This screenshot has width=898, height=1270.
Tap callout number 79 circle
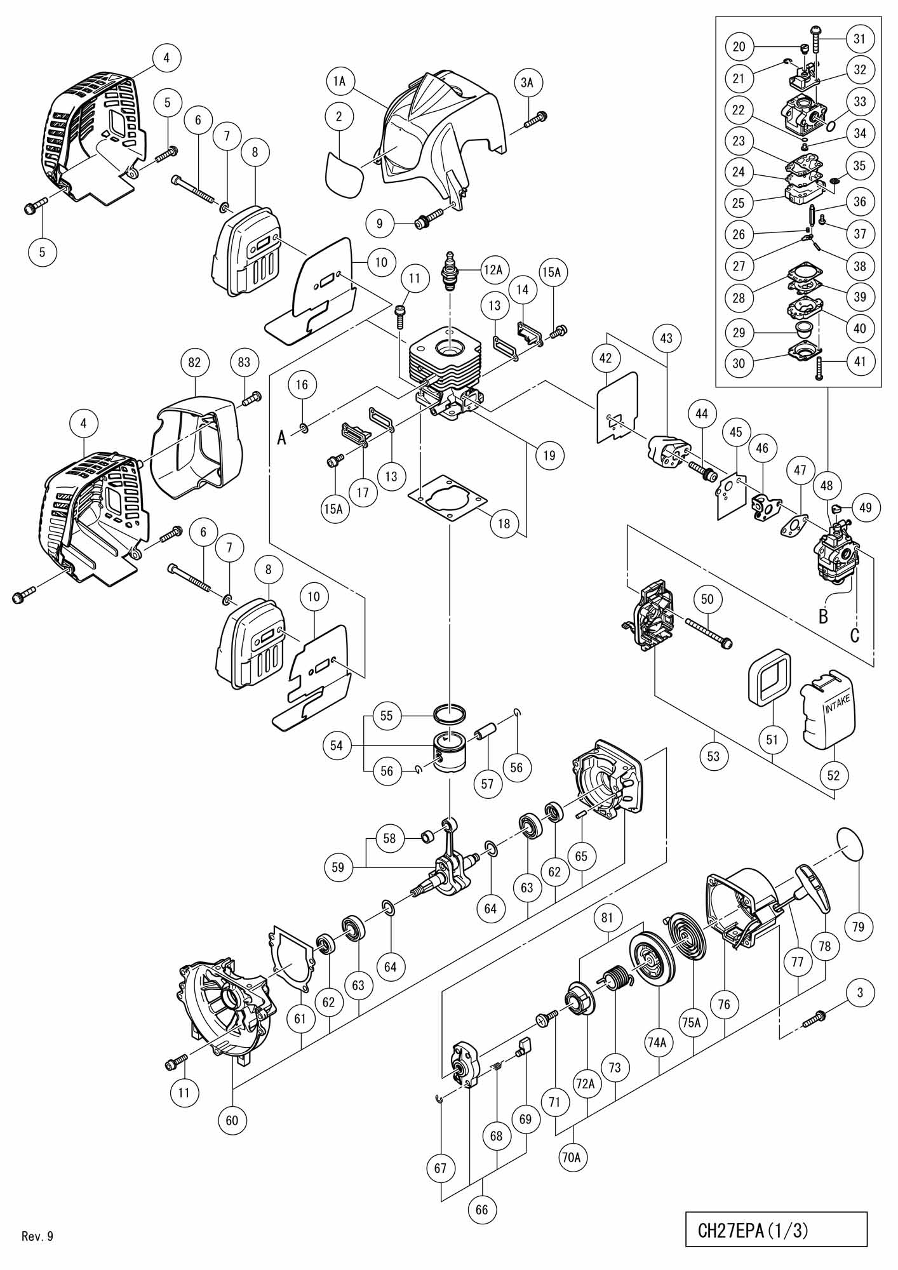pos(858,926)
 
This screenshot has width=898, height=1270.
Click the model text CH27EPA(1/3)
pos(753,1230)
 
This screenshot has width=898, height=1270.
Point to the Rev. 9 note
pos(37,1236)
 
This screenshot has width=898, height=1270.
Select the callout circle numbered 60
pos(232,1120)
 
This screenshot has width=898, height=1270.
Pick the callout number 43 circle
pos(666,339)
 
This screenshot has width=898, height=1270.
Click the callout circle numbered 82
pos(194,362)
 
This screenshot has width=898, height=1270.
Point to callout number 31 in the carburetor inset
pos(859,39)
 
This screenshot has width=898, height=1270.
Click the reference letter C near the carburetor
pos(855,634)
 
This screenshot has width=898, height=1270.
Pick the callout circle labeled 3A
pos(528,82)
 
